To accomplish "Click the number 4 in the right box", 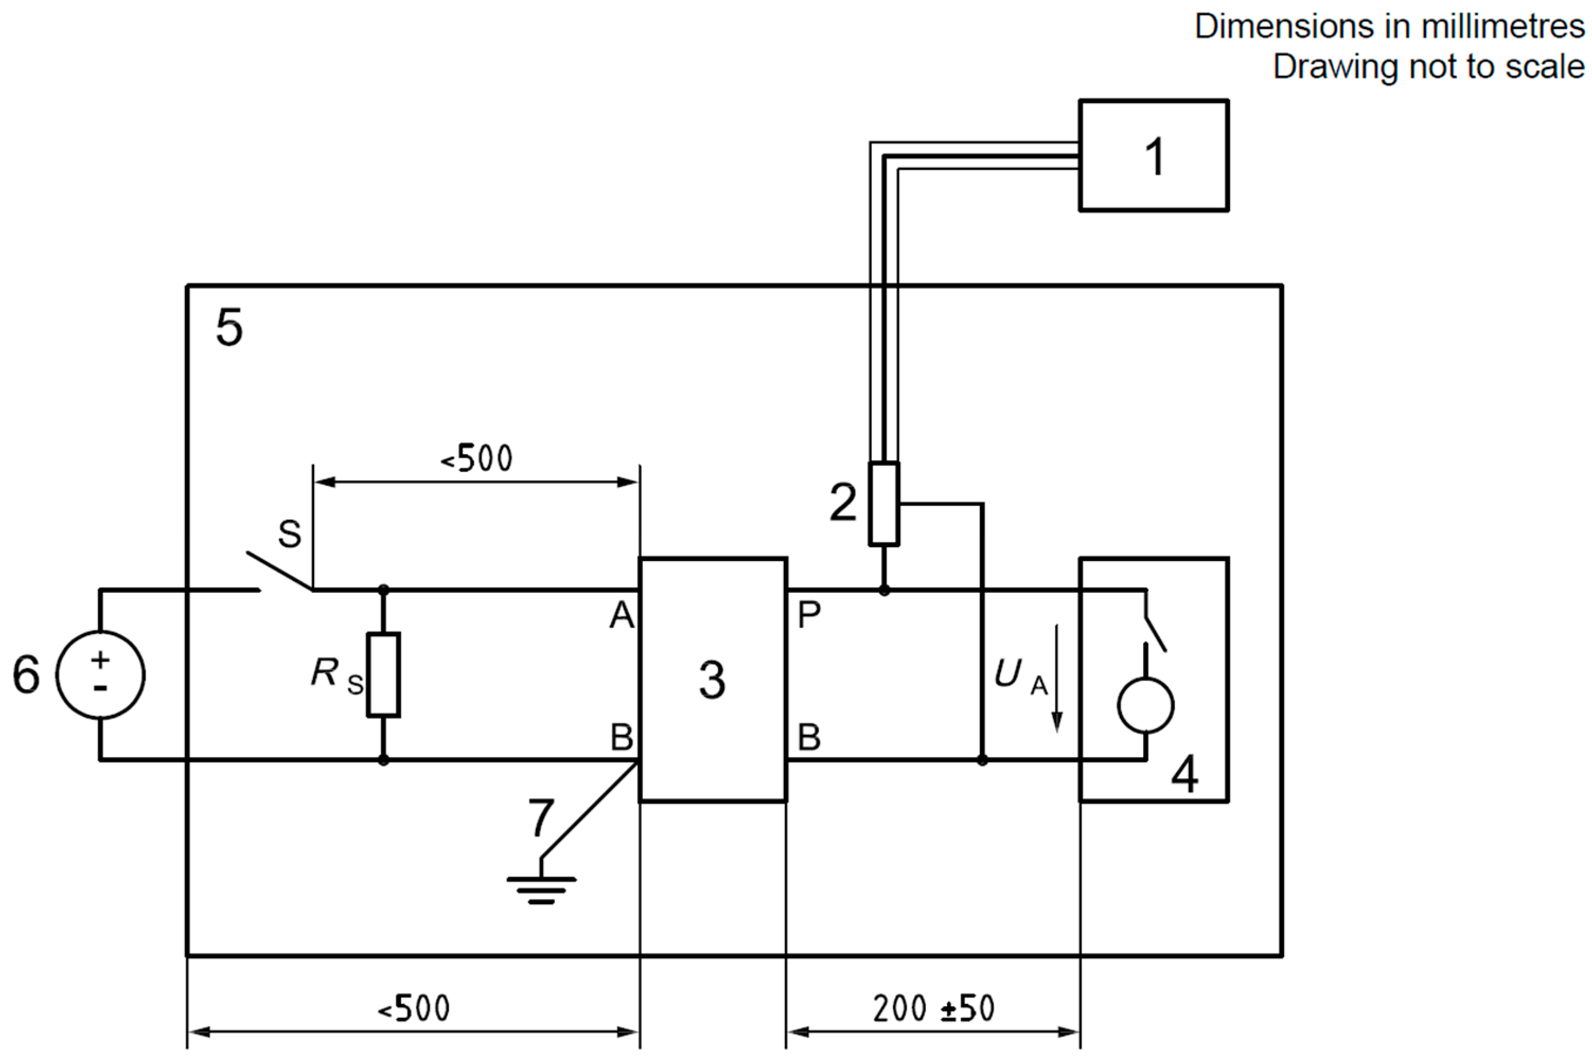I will (1184, 774).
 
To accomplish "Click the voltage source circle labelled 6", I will (100, 675).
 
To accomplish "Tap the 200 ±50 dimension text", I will (933, 1009).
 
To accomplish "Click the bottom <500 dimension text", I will (413, 1009).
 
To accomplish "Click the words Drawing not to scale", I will (1428, 67).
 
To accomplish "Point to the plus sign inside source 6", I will (100, 659).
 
